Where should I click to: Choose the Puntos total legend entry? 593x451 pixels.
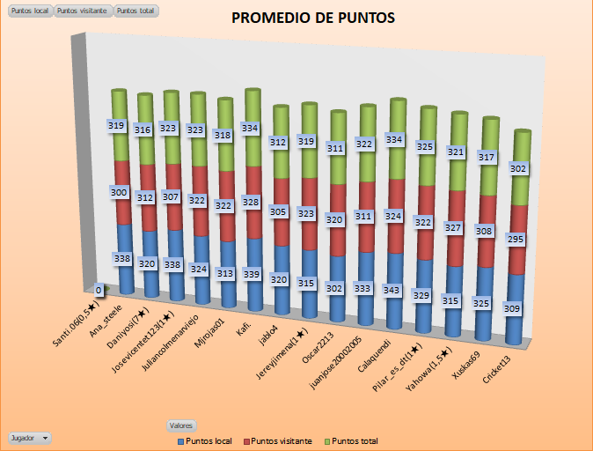point(352,440)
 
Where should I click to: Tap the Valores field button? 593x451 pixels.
point(182,425)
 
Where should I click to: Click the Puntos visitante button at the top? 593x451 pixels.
point(83,11)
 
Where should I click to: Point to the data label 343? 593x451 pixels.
point(392,290)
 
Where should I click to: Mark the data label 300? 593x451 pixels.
point(119,191)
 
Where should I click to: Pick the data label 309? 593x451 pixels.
point(511,308)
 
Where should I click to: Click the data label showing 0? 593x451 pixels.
point(98,289)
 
